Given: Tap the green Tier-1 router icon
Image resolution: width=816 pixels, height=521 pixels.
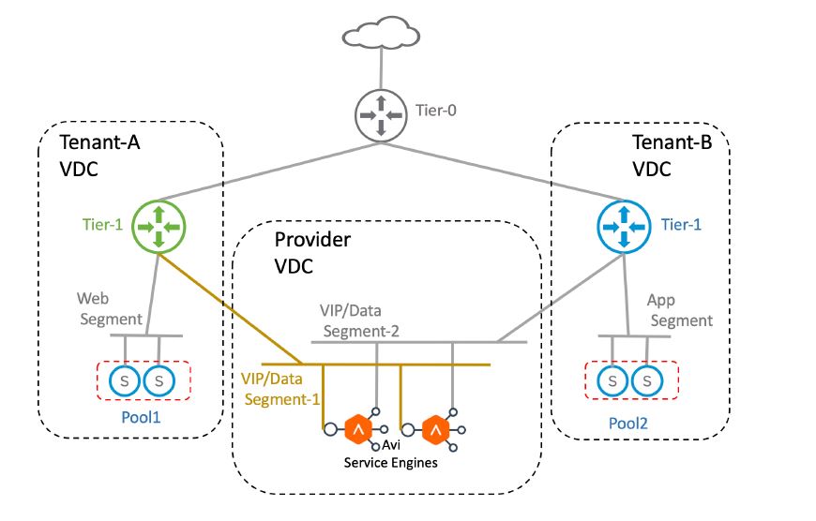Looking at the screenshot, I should pos(158,225).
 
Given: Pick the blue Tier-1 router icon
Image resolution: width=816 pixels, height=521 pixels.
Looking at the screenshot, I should pos(624,225).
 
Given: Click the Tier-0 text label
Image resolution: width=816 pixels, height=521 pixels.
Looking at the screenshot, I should pos(436,111).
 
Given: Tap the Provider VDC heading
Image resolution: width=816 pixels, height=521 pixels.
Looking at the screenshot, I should pos(312,253).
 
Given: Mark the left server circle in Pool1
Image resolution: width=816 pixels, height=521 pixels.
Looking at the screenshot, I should pos(124,381).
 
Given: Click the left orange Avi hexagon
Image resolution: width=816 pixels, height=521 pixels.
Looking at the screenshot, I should pos(357,430).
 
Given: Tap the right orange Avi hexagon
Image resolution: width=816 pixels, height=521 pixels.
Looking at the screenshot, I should pos(434,430).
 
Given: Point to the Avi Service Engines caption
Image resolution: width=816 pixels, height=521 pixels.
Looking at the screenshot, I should pos(390,455).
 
